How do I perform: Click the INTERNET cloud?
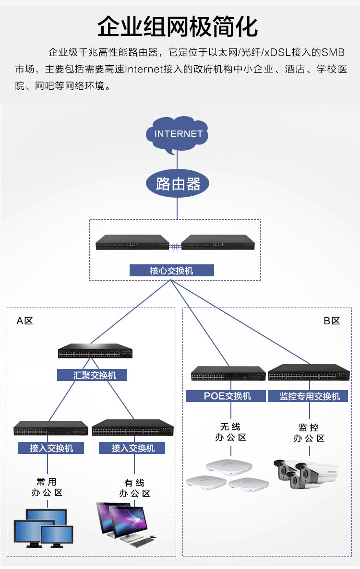(178, 134)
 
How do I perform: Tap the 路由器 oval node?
(178, 184)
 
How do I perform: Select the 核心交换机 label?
(171, 271)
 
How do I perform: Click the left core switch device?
(132, 243)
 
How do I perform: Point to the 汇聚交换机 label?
(92, 375)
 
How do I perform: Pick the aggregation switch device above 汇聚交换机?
(96, 352)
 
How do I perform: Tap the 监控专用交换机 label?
(310, 396)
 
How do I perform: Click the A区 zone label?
(24, 321)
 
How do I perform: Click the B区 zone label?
(332, 321)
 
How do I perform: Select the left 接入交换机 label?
(51, 448)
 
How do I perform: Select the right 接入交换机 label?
(132, 448)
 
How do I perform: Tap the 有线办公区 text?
(134, 488)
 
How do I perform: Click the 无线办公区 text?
(230, 432)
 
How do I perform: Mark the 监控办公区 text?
(309, 433)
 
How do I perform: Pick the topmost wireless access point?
(229, 467)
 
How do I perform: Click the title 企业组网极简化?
(178, 26)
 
